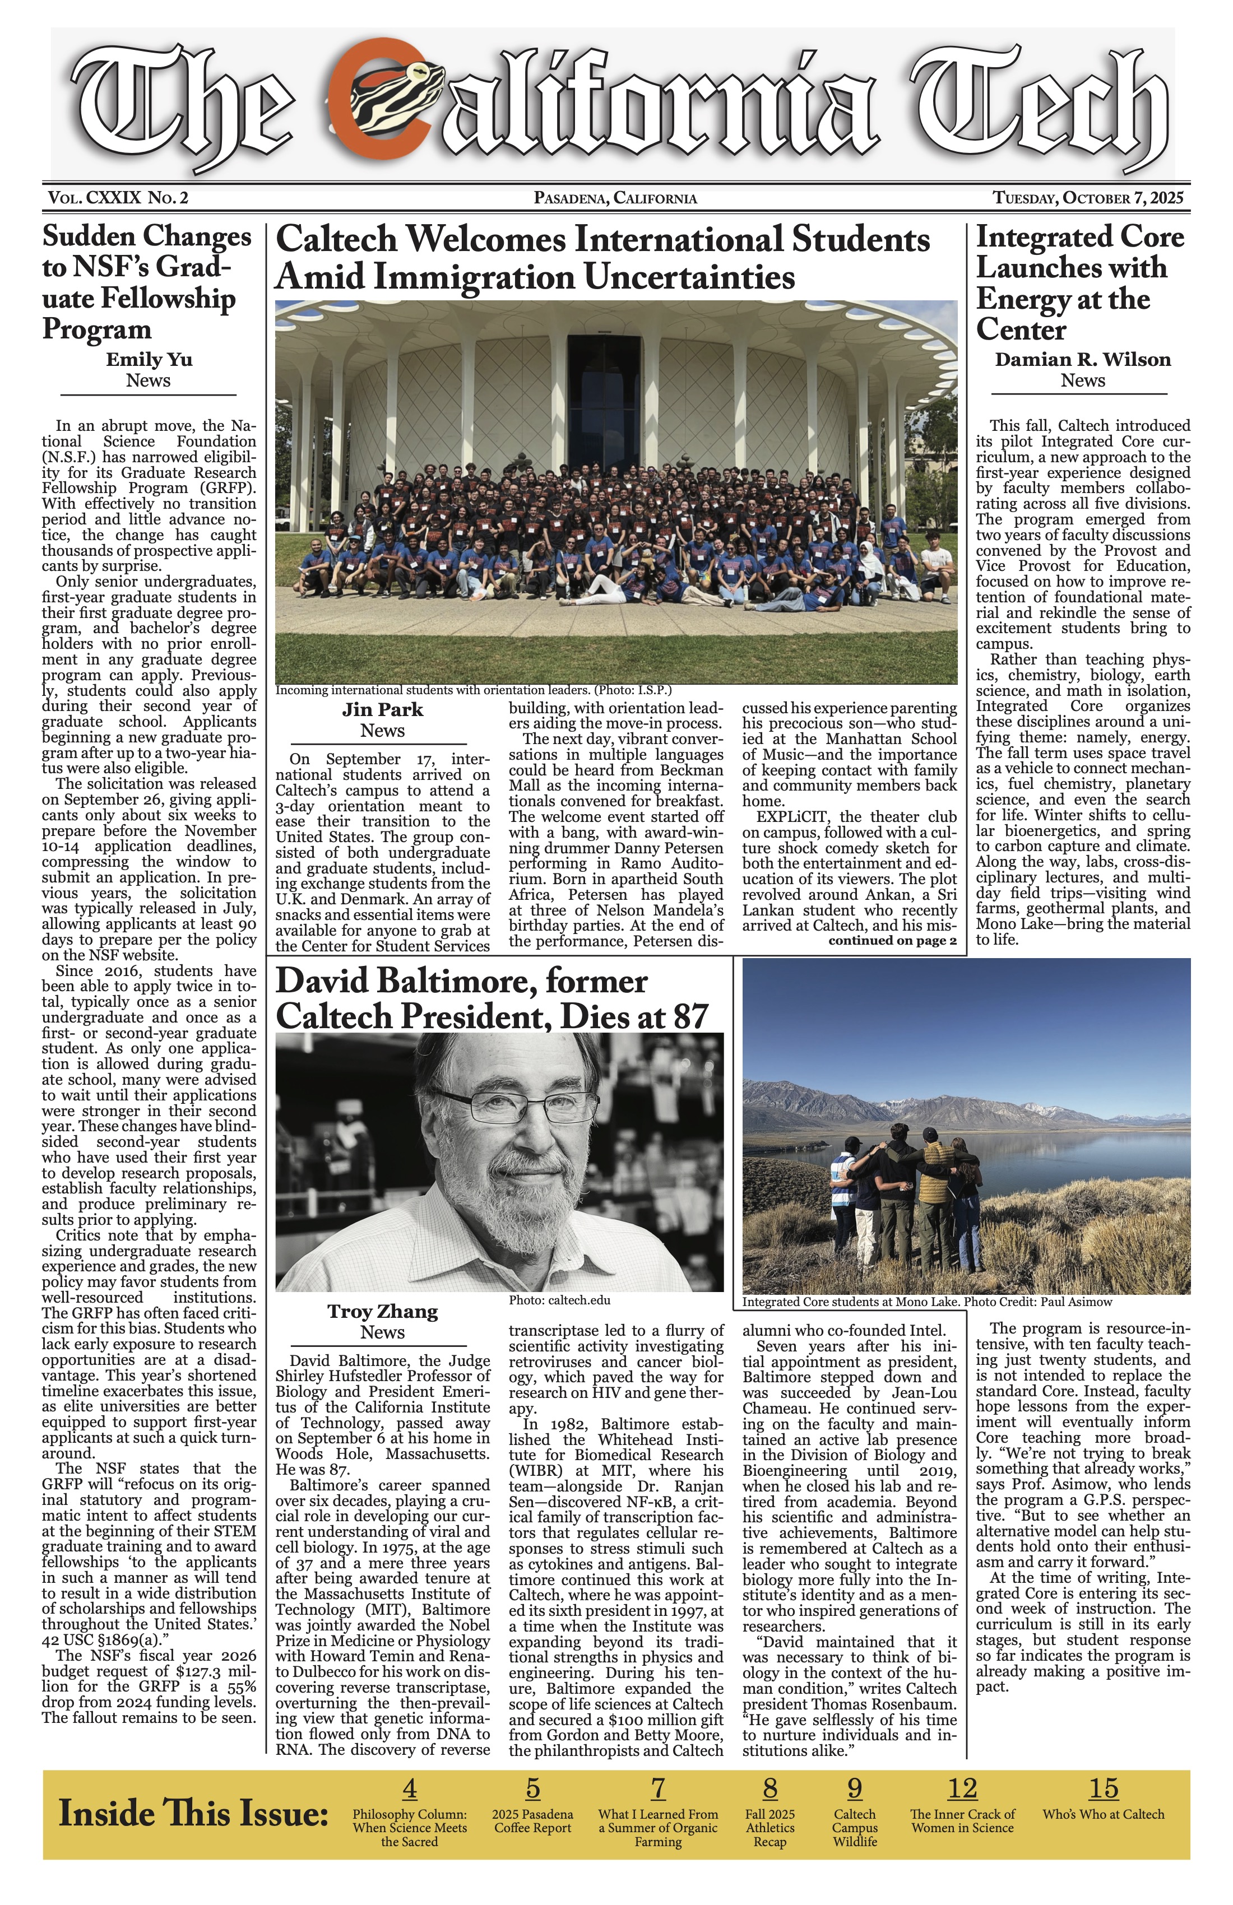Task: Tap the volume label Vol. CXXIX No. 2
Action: pos(118,198)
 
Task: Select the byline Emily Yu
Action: pos(149,359)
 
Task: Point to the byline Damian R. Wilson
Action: pos(1082,359)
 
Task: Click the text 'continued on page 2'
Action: pos(892,941)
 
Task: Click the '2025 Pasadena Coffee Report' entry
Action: pos(532,1821)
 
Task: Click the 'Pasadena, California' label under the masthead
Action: pos(615,198)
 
